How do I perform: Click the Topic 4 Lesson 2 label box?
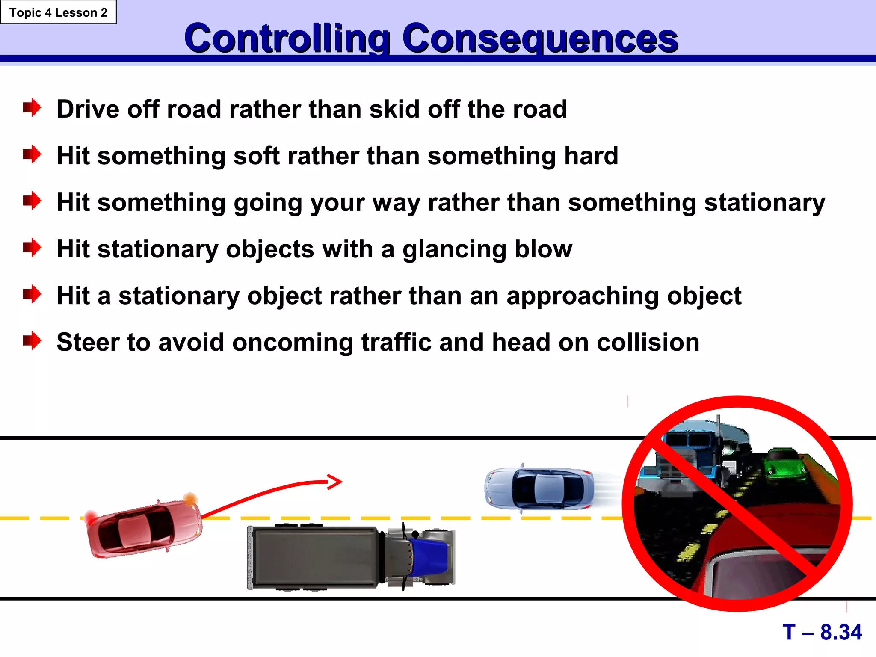click(58, 12)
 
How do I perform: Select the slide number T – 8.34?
click(822, 632)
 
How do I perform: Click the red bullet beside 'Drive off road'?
click(32, 108)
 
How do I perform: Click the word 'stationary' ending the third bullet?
click(765, 202)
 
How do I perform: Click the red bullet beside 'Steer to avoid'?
click(32, 341)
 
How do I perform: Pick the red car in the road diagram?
click(143, 529)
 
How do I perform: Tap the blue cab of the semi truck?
click(428, 557)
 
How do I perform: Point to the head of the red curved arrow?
click(336, 482)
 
